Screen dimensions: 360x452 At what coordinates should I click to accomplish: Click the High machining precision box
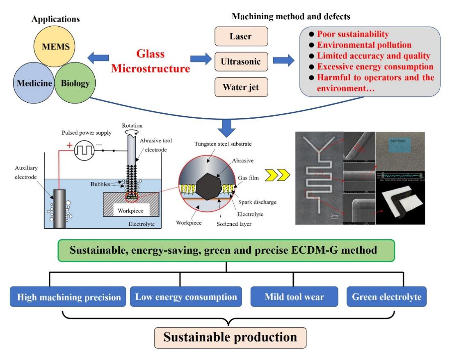coord(66,296)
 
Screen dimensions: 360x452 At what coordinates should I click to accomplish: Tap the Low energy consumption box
coord(180,296)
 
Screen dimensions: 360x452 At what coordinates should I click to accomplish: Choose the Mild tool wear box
coord(293,296)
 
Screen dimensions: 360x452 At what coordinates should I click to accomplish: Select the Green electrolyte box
coord(386,296)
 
